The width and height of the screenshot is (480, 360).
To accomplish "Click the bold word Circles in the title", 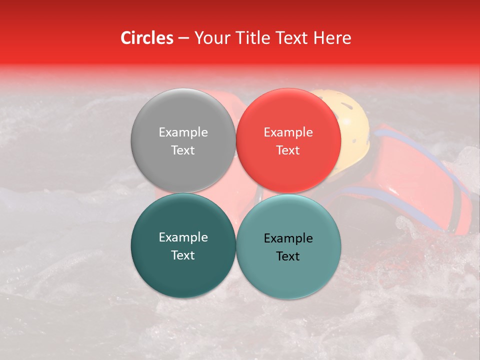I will click(x=146, y=38).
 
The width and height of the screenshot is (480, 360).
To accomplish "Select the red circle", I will click(x=288, y=165).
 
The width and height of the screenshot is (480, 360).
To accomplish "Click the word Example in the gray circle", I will click(x=183, y=132).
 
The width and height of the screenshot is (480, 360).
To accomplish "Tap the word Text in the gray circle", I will click(x=183, y=150).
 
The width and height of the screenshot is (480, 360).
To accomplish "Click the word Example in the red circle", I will click(x=288, y=132).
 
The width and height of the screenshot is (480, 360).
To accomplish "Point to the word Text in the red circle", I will click(x=288, y=150).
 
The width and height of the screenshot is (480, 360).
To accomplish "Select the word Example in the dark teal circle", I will click(x=183, y=237).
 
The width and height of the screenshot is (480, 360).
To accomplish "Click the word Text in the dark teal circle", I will click(x=183, y=255).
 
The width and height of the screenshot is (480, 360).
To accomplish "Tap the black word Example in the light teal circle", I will click(x=288, y=238).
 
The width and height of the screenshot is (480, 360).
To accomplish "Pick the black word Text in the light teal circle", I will click(x=288, y=256).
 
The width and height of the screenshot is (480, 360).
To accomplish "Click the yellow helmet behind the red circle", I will click(x=353, y=125).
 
